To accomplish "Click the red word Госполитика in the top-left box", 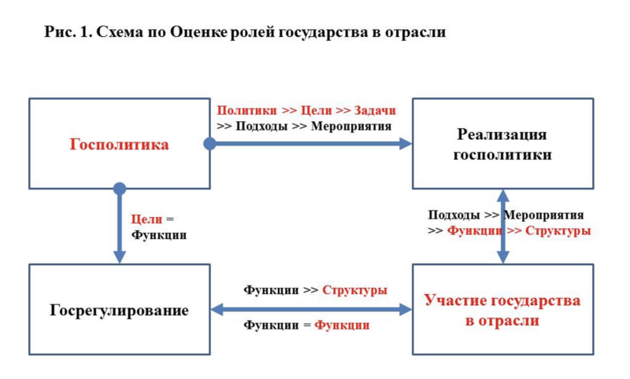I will point(120,145).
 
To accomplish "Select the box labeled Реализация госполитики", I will point(502,144).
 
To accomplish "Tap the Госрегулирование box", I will point(120,310).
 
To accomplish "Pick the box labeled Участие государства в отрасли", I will point(502,310).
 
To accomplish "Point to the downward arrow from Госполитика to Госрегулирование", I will point(120,228).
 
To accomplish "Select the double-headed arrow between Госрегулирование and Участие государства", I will point(311,310).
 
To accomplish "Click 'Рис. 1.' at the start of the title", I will point(66,33).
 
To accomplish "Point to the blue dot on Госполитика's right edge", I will point(209,144).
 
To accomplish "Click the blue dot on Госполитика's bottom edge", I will point(120,189).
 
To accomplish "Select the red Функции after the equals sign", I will point(342,325).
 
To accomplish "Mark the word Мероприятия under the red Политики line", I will point(351,125).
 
